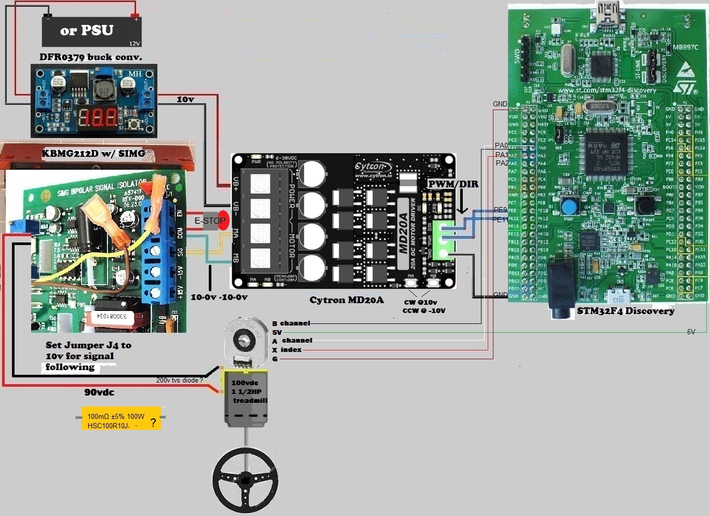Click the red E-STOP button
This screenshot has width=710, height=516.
pos(223,220)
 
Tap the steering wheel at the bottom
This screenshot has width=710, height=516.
pos(245,480)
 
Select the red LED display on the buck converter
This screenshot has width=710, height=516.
pos(98,118)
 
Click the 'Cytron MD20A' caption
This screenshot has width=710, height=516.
pos(346,300)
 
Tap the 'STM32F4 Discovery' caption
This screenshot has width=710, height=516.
pos(625,310)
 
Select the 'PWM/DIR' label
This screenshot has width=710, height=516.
pos(453,184)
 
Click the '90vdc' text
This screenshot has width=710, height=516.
pos(99,392)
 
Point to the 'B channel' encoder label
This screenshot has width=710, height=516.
pos(291,323)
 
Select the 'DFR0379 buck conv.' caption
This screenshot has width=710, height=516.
pos(91,57)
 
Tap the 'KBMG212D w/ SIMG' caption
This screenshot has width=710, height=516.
pos(93,153)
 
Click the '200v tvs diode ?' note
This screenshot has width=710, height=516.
pos(179,380)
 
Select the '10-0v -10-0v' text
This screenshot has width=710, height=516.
pos(219,297)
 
